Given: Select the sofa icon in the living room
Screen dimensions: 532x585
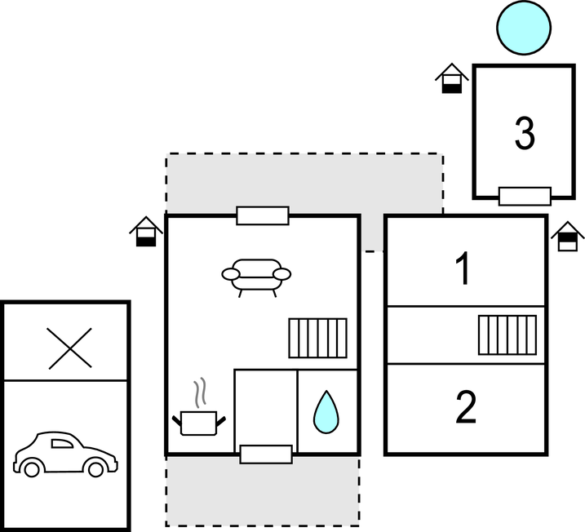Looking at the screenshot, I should coord(256,276).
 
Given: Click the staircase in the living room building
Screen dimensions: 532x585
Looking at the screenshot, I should coord(318,338).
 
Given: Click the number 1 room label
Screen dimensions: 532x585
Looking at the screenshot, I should coord(463,269).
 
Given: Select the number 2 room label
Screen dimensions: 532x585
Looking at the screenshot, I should coord(465,408).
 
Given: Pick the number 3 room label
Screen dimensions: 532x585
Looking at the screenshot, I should coord(525,133).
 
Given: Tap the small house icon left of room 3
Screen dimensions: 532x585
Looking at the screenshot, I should coord(451,80).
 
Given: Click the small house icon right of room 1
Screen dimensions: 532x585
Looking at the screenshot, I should coord(568,237).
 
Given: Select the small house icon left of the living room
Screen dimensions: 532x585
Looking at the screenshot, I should coord(146,232).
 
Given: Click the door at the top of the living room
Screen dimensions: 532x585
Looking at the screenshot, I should coord(263,215).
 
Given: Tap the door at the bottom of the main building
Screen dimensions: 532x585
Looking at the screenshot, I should coord(266,454).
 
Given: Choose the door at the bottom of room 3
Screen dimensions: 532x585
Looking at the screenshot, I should coord(525,196).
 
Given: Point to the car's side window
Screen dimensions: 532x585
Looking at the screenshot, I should coord(61,443).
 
